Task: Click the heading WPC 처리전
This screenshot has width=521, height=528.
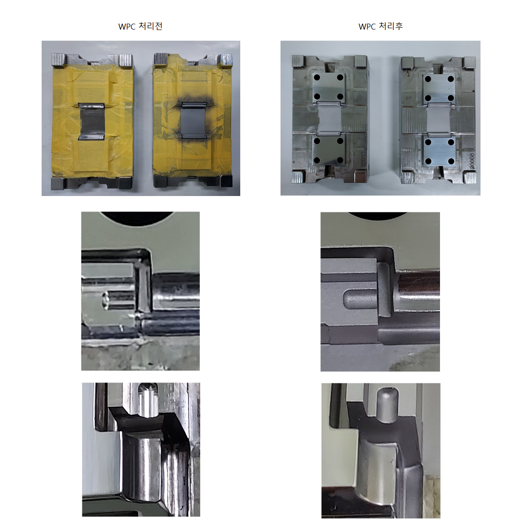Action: tap(141, 26)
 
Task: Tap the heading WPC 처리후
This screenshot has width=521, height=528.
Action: tap(380, 26)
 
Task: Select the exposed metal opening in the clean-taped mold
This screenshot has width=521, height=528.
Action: tap(91, 121)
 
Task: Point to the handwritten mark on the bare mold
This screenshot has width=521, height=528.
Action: tap(409, 98)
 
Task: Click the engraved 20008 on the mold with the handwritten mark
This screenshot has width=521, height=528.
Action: tap(472, 161)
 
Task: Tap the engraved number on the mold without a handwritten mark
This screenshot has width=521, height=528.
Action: tap(363, 159)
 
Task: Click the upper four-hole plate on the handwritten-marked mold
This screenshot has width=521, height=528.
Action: tap(439, 88)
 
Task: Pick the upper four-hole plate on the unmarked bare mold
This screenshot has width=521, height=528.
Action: tap(329, 86)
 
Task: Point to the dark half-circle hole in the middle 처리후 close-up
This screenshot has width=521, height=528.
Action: tap(377, 216)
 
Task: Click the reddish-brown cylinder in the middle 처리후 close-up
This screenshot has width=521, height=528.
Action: tap(419, 282)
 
